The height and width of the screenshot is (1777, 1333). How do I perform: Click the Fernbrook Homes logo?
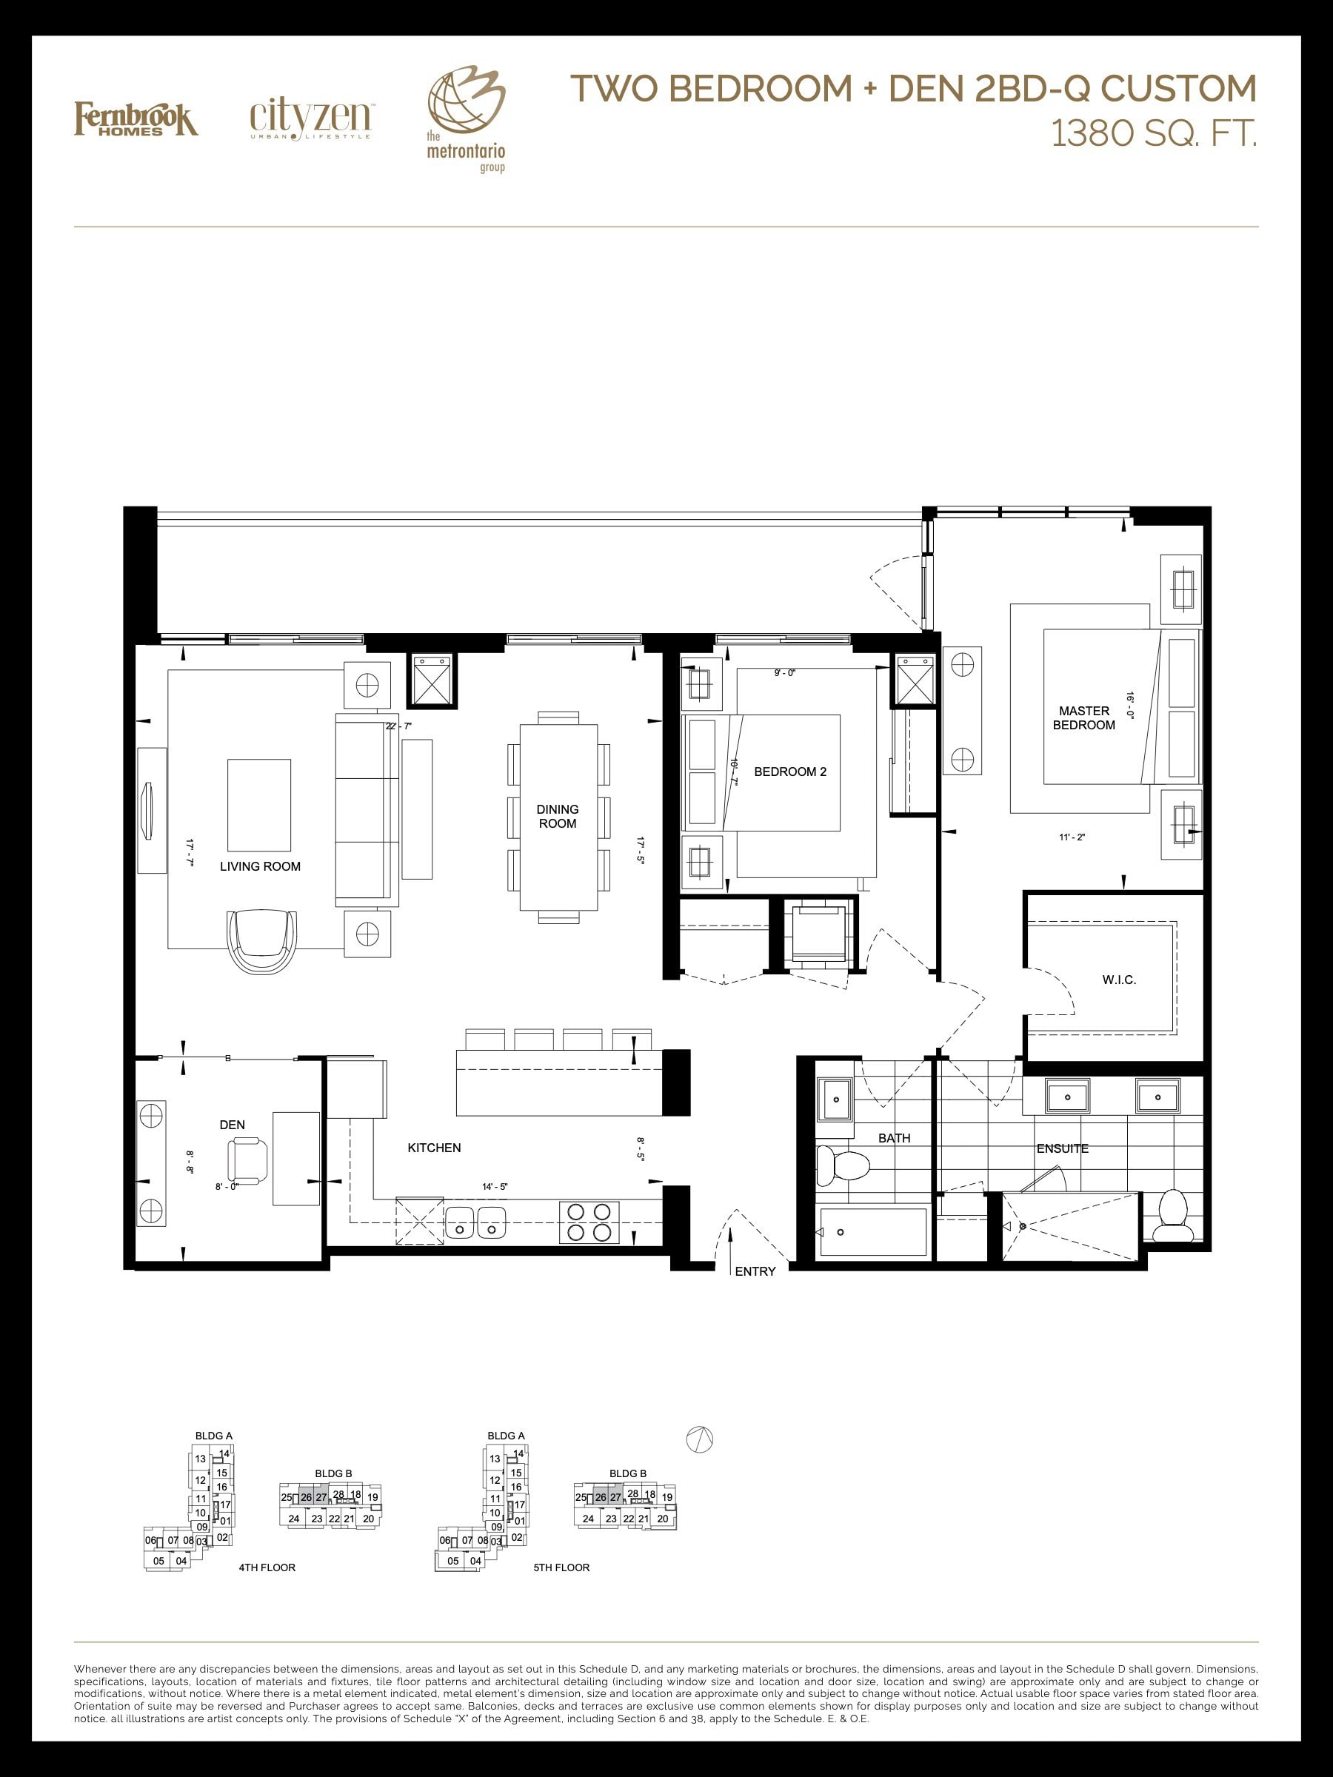click(136, 119)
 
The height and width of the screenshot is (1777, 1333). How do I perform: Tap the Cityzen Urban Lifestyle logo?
click(310, 121)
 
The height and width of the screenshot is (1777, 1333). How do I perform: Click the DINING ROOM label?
click(558, 816)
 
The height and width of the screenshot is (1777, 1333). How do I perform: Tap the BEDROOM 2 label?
click(790, 772)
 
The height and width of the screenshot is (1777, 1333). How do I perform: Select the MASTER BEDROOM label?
click(1084, 718)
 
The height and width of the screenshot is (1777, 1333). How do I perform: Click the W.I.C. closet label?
click(1119, 980)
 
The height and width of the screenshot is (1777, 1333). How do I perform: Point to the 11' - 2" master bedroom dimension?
click(1072, 837)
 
